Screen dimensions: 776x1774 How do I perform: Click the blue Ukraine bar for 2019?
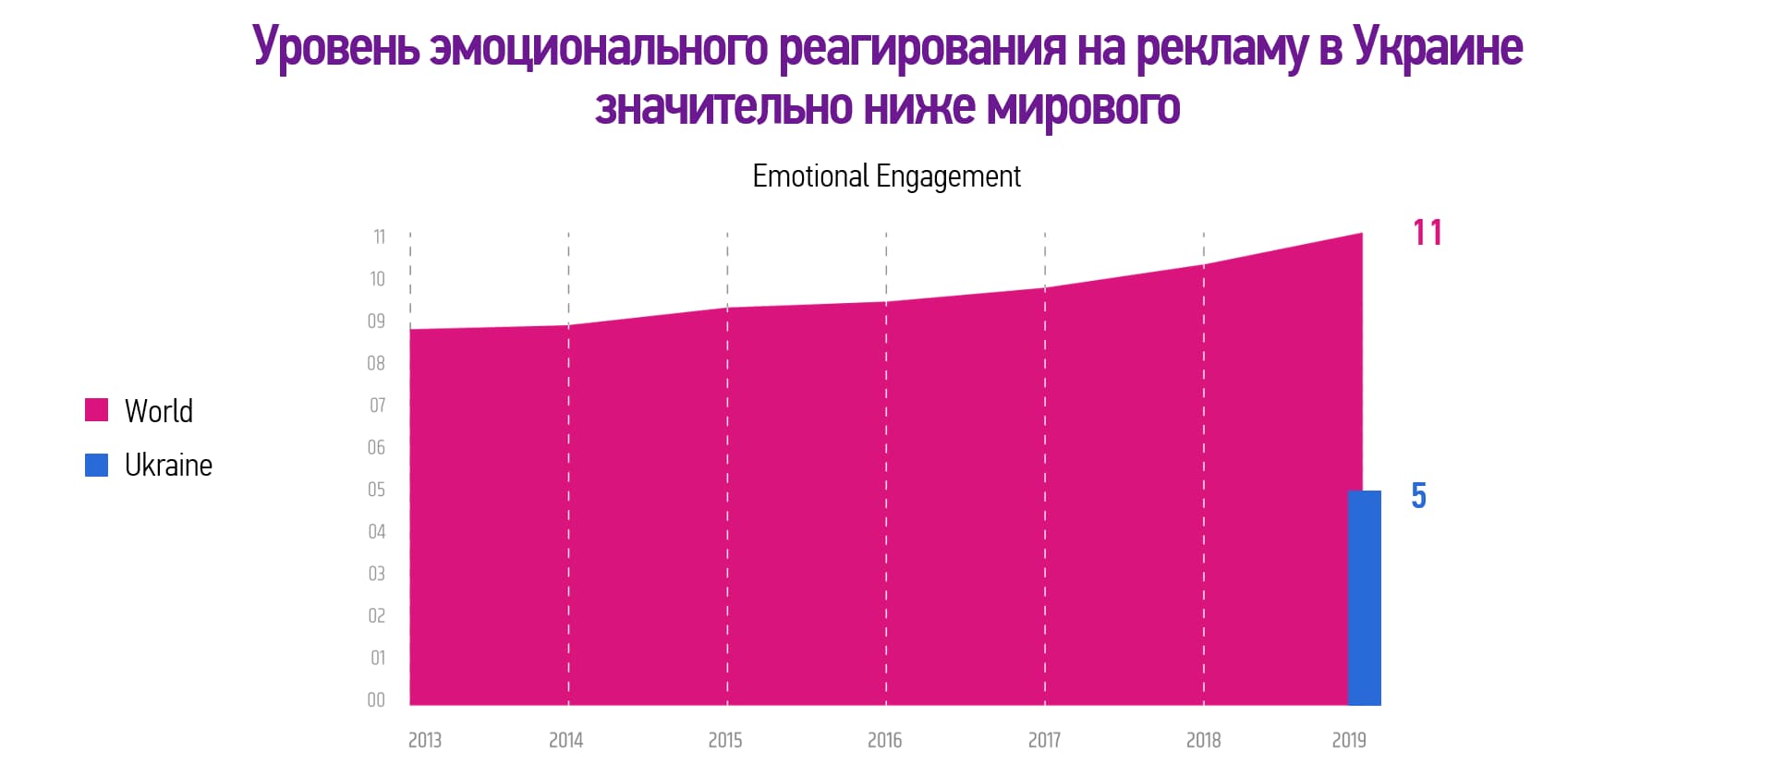(1365, 598)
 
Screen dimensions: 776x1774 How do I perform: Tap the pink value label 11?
(1428, 233)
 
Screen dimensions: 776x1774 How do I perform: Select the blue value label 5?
(1419, 496)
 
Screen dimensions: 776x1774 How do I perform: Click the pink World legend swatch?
(97, 410)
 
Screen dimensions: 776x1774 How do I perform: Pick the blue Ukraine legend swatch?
(97, 465)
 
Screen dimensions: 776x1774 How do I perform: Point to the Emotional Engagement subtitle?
(886, 176)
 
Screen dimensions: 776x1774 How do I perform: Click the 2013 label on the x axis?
(425, 740)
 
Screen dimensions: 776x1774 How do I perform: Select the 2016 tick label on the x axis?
(884, 740)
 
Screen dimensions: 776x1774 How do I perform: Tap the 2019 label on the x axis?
(1349, 740)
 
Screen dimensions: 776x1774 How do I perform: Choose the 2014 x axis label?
(566, 740)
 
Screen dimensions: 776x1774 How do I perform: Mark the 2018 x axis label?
(1204, 740)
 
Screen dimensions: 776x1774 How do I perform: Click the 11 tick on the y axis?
(379, 237)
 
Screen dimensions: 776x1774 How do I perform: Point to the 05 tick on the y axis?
(377, 490)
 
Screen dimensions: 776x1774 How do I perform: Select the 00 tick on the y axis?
(376, 700)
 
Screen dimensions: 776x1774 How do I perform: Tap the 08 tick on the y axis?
(376, 364)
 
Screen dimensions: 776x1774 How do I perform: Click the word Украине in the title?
(1438, 47)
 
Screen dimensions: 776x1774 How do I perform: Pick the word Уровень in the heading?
(336, 47)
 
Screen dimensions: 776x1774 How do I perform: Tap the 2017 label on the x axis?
(1045, 740)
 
